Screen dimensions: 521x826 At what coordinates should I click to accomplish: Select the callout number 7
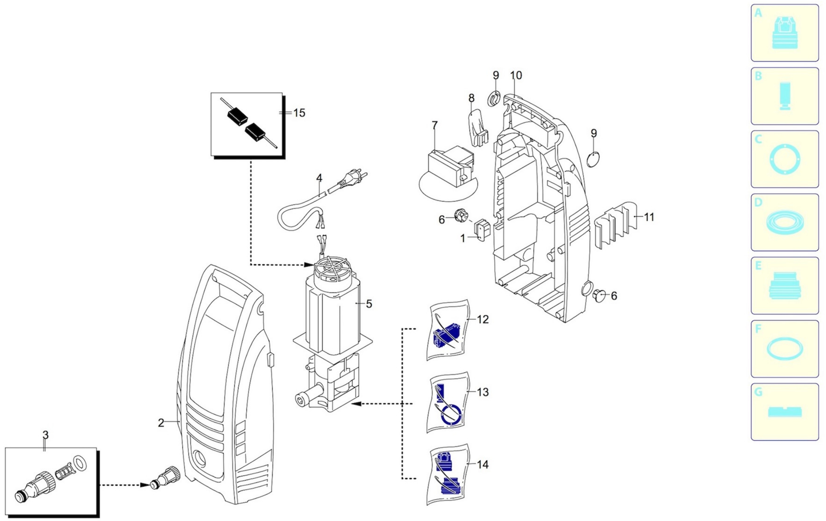point(435,126)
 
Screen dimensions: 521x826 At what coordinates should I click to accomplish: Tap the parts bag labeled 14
point(448,475)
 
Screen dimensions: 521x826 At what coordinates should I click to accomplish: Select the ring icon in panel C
point(785,160)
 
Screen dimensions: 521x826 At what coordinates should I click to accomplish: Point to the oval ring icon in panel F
point(785,349)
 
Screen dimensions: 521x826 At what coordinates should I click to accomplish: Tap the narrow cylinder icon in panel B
point(785,96)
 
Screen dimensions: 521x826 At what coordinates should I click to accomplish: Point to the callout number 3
point(45,435)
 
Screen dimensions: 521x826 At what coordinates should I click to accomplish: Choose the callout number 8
point(471,98)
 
